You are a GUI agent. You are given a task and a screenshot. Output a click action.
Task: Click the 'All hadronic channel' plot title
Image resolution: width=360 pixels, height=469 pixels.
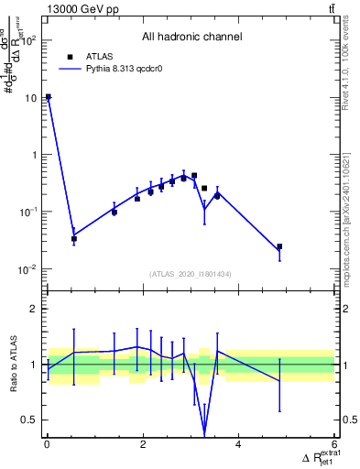(x=191, y=38)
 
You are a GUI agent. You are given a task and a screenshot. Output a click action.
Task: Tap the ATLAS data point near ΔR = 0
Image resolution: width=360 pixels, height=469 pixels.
(x=48, y=97)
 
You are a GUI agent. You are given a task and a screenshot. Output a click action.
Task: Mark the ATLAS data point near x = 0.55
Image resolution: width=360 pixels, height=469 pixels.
(x=74, y=239)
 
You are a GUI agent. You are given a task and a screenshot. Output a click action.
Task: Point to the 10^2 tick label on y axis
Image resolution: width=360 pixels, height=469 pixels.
(x=28, y=40)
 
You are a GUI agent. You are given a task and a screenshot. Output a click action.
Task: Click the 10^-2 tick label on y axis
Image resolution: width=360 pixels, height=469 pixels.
(x=28, y=269)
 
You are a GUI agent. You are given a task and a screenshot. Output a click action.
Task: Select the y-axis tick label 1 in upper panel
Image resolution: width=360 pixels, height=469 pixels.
(x=36, y=155)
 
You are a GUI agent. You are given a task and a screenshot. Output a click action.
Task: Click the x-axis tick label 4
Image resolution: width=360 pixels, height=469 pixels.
(x=238, y=445)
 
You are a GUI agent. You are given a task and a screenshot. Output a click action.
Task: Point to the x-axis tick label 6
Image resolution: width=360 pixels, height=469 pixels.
(x=333, y=445)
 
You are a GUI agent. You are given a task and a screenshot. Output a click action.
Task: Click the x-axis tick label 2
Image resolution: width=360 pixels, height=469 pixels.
(x=143, y=445)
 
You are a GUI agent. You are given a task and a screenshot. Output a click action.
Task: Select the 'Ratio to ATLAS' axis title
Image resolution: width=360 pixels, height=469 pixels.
(x=13, y=364)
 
